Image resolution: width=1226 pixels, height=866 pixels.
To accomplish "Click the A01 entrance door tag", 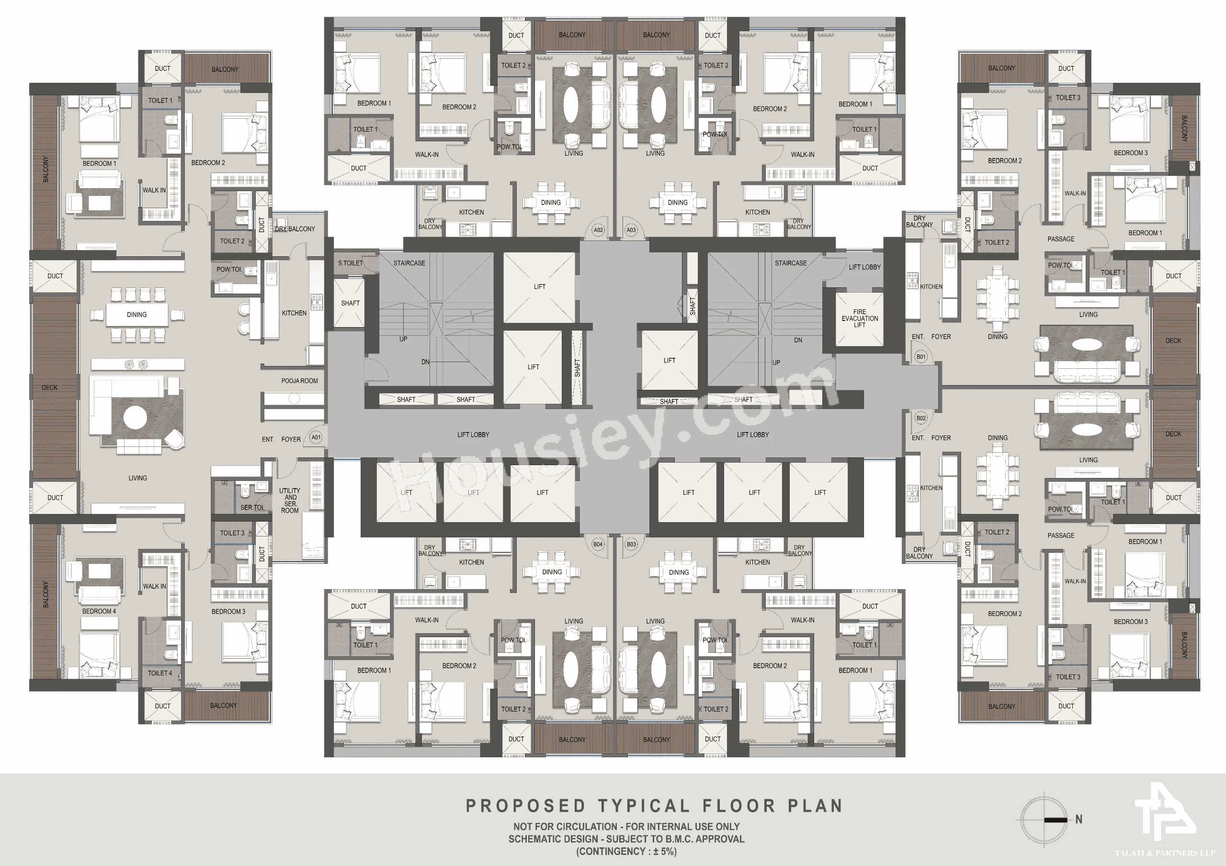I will pos(316,437).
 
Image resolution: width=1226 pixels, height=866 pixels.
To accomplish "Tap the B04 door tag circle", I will pos(598,544).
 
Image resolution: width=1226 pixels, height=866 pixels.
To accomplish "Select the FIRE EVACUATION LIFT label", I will pos(859,318).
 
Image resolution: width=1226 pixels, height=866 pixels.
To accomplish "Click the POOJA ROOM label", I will pos(300,381).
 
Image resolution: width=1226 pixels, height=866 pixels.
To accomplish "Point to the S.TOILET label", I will pos(350,263).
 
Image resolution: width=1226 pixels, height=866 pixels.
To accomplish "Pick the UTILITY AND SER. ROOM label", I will pos(290,500).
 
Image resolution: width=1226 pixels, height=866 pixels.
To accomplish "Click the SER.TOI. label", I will pos(252,507).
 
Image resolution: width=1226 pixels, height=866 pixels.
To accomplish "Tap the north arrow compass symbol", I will pos(1044,820).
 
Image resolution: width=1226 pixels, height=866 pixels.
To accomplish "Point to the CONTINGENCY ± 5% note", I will pos(626,851).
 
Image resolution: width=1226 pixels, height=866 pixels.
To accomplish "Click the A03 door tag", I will pos(631,230).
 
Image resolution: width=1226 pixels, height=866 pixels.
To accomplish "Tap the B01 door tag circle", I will pos(920,357).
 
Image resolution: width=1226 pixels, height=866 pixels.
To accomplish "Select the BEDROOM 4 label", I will pos(99,611).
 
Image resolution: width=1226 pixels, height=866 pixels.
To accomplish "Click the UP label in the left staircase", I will pos(403,339).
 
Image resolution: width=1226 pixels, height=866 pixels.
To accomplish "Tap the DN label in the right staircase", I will pos(798,340).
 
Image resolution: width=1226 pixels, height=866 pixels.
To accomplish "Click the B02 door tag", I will pos(920,418).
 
